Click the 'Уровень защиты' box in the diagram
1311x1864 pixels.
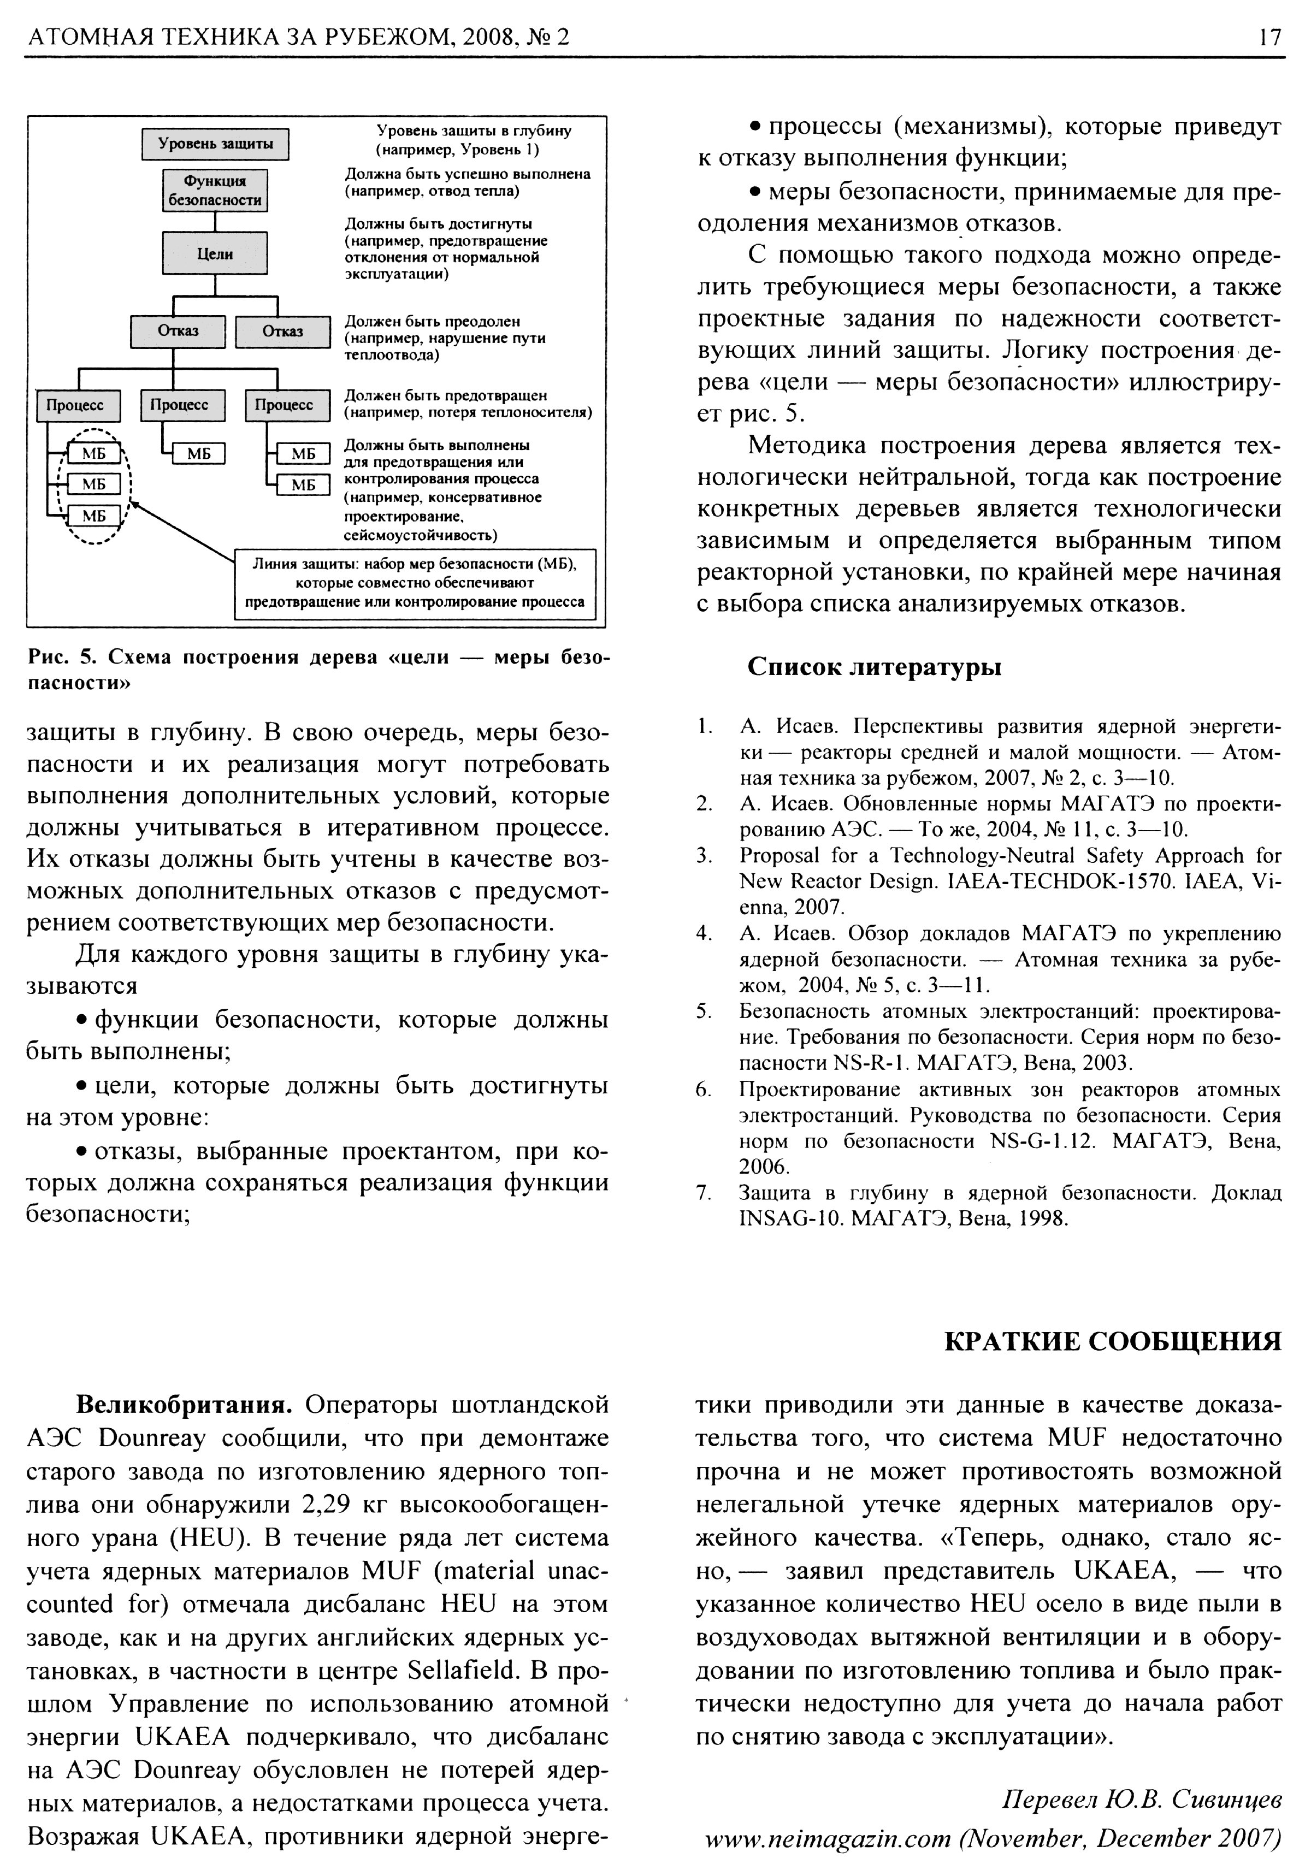click(x=215, y=145)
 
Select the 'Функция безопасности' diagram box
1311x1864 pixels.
click(x=215, y=190)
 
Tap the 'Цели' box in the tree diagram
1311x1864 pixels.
click(x=215, y=253)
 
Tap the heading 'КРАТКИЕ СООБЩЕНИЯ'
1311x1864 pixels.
click(x=1113, y=1340)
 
